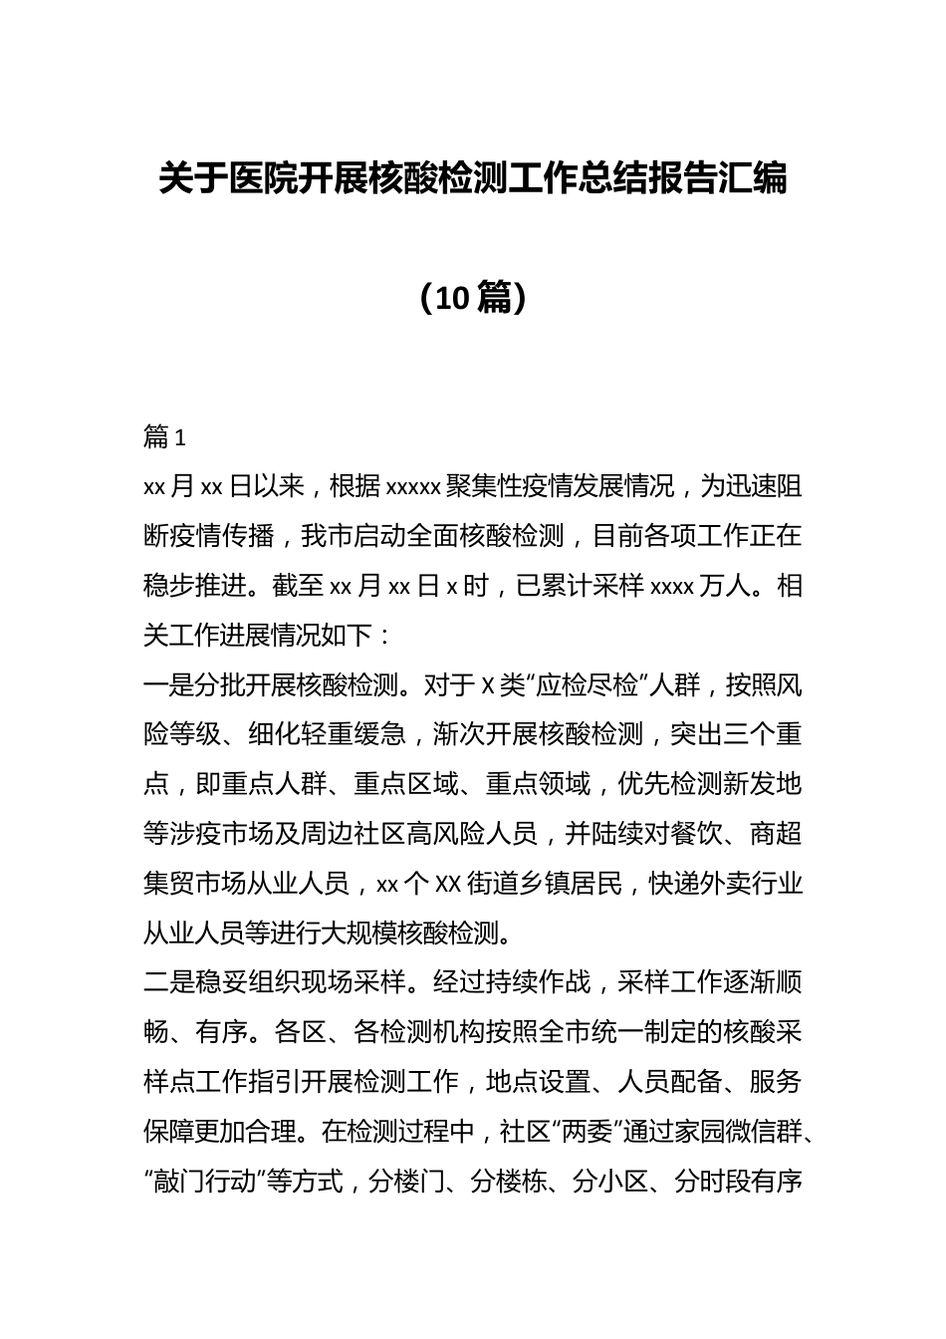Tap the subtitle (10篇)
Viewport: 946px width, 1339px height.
click(473, 296)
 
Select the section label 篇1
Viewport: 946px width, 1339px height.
click(165, 436)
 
